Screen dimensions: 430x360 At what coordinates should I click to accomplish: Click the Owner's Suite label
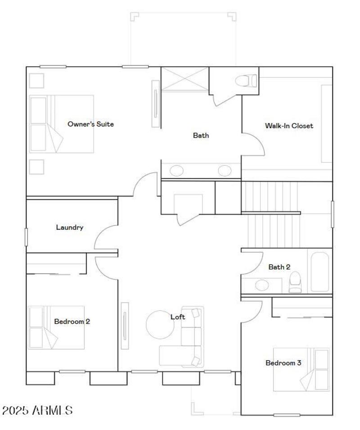(90, 124)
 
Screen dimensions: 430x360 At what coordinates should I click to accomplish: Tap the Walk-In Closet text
(289, 126)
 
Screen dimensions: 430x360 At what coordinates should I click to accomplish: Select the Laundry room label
(70, 228)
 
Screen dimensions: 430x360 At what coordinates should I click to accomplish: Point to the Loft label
(178, 317)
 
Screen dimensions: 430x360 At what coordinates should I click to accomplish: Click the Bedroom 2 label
(72, 322)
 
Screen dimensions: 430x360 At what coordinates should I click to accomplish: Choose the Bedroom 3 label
(283, 363)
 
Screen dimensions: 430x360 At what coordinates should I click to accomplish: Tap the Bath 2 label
(279, 267)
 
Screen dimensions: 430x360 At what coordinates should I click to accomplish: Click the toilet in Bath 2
(295, 282)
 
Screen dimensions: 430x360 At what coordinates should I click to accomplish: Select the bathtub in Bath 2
(320, 272)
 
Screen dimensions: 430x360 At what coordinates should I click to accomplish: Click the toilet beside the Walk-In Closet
(246, 81)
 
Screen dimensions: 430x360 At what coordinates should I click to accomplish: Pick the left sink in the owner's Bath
(176, 170)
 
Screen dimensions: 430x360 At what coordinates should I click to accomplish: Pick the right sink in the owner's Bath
(225, 170)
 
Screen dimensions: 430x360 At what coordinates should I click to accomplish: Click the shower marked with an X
(185, 79)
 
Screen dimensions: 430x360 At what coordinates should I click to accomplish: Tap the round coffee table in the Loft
(160, 324)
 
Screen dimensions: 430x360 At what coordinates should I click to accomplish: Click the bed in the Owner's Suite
(62, 124)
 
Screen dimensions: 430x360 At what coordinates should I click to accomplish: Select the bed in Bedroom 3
(301, 369)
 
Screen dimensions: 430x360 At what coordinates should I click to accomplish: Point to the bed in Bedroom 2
(56, 327)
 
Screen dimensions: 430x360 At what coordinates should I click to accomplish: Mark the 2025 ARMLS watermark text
(37, 410)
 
